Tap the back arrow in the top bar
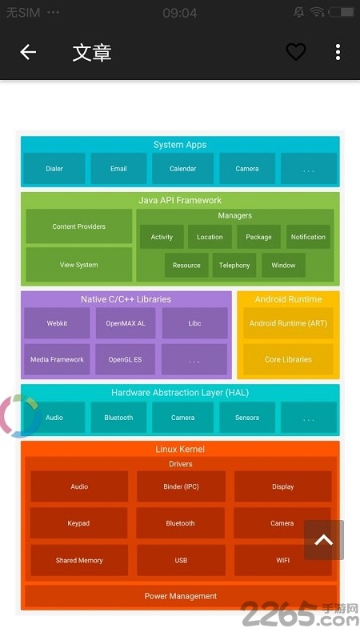[28, 52]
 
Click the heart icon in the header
[295, 52]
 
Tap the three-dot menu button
[338, 52]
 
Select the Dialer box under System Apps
[54, 168]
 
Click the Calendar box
[183, 168]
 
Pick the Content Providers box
[78, 226]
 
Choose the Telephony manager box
[234, 265]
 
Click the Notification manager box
[308, 237]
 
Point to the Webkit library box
[57, 323]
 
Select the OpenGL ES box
[125, 359]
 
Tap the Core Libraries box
[288, 359]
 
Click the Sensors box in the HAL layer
[247, 417]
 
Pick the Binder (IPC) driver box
[181, 486]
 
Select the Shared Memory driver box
[79, 560]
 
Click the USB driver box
[181, 560]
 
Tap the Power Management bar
[181, 596]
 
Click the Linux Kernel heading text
[180, 449]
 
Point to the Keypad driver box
[78, 523]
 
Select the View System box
[78, 265]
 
